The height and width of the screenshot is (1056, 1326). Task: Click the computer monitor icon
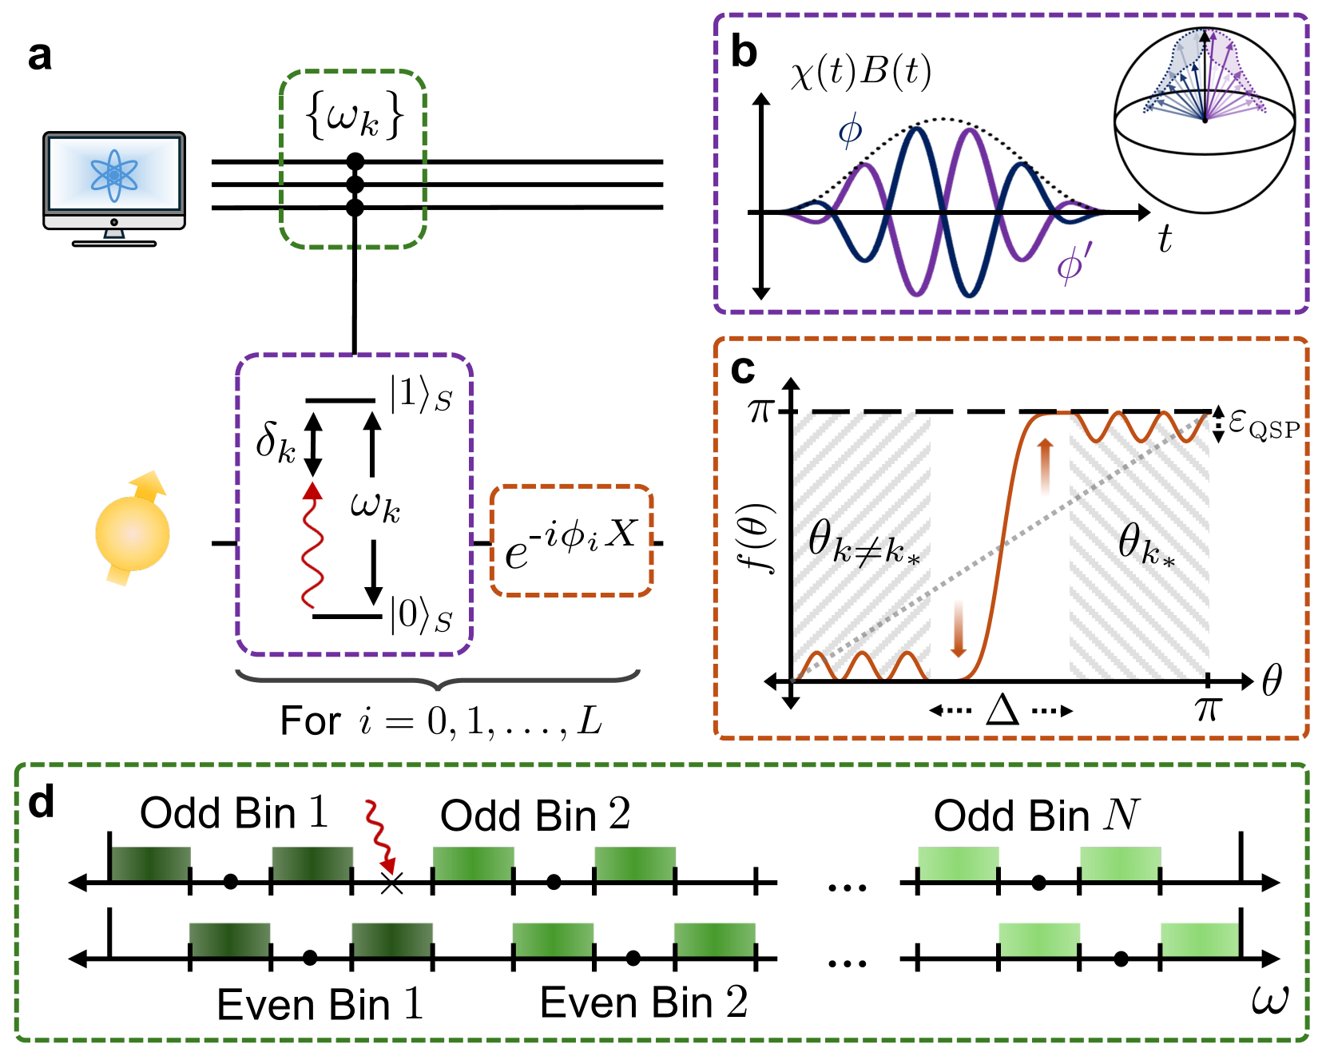[x=114, y=188]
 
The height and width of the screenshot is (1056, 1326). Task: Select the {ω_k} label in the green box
[x=354, y=117]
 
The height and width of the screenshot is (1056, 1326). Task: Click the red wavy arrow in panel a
[x=312, y=547]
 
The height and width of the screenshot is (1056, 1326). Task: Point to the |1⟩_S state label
[x=420, y=395]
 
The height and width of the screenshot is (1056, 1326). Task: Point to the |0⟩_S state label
[x=420, y=616]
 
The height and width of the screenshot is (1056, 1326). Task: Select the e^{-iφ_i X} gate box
[x=571, y=541]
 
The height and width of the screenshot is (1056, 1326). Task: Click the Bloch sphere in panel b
[x=1205, y=120]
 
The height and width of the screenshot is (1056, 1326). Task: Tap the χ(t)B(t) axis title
[x=860, y=73]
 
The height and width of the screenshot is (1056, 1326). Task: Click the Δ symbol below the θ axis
[x=1002, y=709]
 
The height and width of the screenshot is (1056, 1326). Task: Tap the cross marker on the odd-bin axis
[x=391, y=883]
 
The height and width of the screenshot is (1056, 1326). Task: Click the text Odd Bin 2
[x=535, y=816]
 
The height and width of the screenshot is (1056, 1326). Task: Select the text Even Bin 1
[x=320, y=1004]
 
